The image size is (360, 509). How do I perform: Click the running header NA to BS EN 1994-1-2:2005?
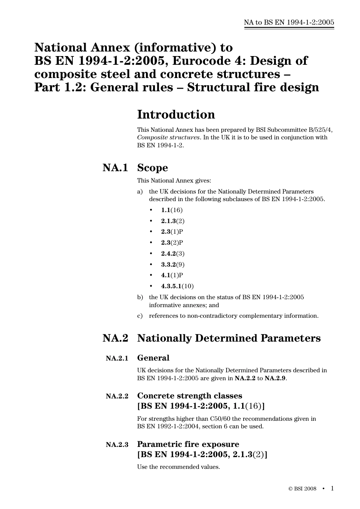[289, 22]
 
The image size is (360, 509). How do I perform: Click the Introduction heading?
[176, 115]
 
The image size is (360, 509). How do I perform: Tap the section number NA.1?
[115, 168]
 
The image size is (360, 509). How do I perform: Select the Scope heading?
[152, 168]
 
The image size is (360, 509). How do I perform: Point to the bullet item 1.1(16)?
[172, 210]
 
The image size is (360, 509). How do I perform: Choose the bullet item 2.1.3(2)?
[173, 221]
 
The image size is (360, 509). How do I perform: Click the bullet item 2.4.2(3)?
[173, 254]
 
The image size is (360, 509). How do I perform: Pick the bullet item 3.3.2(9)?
[173, 265]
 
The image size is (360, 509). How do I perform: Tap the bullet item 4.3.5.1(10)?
[177, 286]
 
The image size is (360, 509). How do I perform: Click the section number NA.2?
[115, 338]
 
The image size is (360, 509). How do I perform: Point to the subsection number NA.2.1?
[117, 358]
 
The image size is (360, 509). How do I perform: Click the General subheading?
[153, 358]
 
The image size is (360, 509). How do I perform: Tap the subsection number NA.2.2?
[117, 396]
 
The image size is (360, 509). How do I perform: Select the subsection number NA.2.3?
[117, 445]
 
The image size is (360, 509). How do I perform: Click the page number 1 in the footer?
[332, 489]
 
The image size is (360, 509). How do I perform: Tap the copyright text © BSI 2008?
[302, 489]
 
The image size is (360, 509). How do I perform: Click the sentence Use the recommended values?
[178, 467]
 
